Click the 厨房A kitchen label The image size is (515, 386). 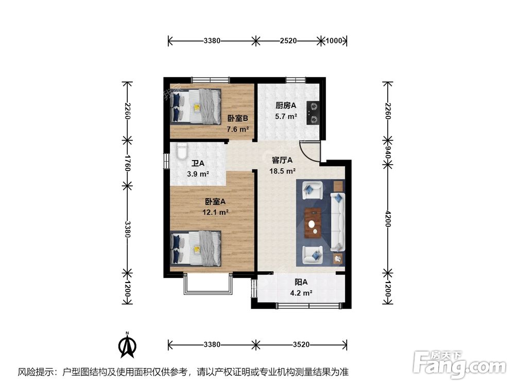pos(286,106)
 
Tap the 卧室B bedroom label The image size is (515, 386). pos(237,118)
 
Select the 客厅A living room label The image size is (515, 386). pos(282,160)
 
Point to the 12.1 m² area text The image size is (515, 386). pos(215,213)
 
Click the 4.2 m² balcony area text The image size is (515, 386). pos(301,293)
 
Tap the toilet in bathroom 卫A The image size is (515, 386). pos(182,151)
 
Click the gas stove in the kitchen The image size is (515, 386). pos(313,113)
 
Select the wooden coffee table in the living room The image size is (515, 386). pos(313,222)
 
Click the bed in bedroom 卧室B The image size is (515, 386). pos(196,107)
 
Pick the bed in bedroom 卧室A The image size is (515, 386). pos(196,248)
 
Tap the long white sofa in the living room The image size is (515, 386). pos(337,222)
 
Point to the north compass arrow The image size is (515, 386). pos(128,345)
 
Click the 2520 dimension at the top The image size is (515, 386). pos(288,41)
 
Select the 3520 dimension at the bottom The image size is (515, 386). pos(301,345)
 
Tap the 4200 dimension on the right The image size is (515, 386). pos(388,219)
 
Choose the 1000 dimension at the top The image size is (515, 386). pos(334,41)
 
